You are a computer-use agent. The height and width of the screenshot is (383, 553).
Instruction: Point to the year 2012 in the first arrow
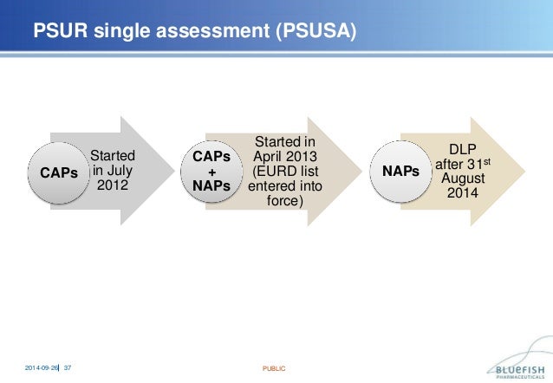(x=113, y=186)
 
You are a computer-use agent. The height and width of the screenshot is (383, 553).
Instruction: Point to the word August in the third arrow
(x=461, y=179)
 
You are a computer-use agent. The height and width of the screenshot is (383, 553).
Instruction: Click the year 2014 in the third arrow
(x=461, y=192)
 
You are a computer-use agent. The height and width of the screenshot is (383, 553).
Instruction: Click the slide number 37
(x=68, y=368)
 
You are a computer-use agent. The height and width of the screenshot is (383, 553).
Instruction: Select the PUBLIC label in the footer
(x=274, y=369)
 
